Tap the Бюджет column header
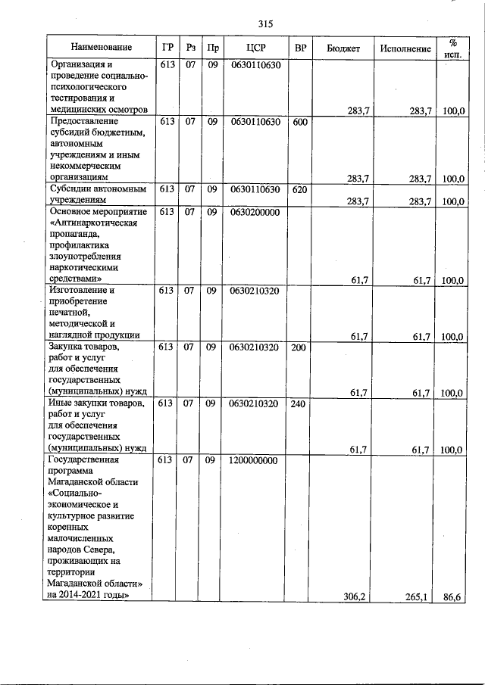pos(343,48)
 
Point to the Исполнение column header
pos(406,48)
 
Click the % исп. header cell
pos(452,48)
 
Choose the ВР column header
pos(299,48)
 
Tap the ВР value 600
pos(299,121)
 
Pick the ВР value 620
pos(299,189)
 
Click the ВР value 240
pos(299,404)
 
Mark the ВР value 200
pos(299,347)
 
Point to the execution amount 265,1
pos(418,596)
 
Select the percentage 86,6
pos(453,596)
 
